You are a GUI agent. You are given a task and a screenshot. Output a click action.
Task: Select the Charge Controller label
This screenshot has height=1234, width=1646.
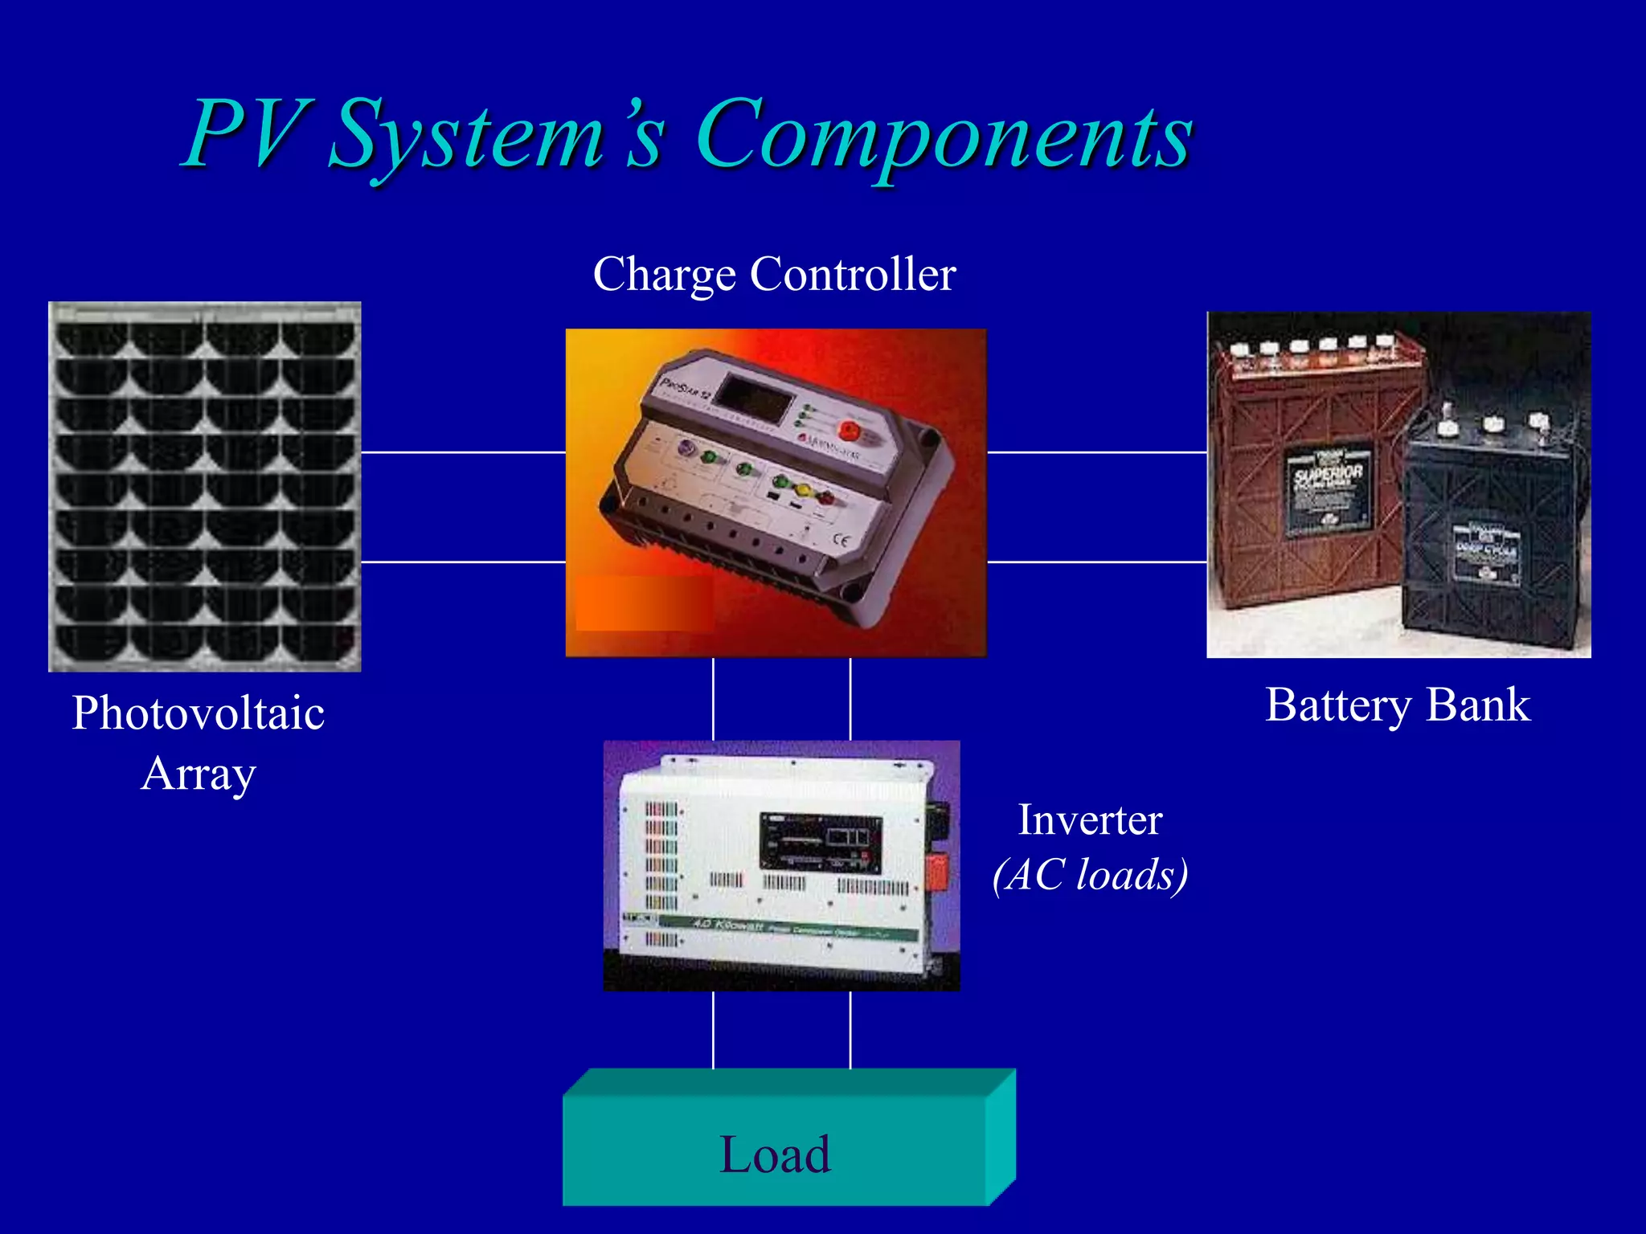click(774, 275)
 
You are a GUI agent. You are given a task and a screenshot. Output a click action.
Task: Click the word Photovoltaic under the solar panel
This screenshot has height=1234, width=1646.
click(198, 713)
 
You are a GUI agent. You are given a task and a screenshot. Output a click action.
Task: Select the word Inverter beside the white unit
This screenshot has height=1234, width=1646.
click(1090, 820)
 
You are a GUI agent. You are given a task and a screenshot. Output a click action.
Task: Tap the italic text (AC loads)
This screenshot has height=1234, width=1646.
click(1090, 875)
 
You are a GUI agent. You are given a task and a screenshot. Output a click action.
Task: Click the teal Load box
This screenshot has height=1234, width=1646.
click(775, 1154)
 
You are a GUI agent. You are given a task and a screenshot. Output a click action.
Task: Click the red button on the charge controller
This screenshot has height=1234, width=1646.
click(850, 431)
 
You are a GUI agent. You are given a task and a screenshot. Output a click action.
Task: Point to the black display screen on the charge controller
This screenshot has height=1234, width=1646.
click(755, 400)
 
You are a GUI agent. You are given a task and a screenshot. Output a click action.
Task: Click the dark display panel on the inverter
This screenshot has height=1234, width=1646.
click(821, 844)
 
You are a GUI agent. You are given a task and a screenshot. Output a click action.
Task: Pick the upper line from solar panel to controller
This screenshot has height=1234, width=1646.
click(463, 452)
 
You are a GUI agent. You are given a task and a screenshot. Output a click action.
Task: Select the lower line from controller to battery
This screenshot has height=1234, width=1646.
click(1096, 562)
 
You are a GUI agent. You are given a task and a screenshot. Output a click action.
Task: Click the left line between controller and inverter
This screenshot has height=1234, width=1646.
click(713, 698)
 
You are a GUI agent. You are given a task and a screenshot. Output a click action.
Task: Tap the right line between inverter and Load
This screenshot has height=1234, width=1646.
click(850, 1029)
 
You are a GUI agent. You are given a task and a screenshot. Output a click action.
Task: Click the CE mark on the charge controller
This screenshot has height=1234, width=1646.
click(841, 539)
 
